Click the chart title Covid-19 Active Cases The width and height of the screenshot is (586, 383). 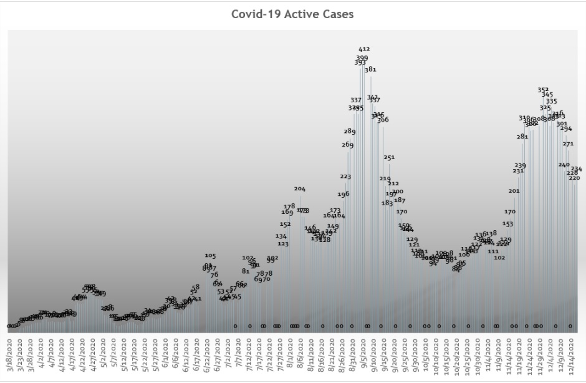pos(292,14)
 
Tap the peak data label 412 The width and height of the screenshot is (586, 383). pos(364,49)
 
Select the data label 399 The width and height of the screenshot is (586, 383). pos(362,57)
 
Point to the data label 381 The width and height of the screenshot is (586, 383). pos(370,69)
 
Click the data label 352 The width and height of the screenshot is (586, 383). pos(543,89)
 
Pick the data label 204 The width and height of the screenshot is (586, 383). pos(300,188)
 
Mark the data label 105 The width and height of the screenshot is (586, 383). pos(210,256)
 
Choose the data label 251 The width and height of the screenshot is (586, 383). pos(389,157)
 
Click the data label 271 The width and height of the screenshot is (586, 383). pos(568,143)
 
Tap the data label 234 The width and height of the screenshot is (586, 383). pos(577,169)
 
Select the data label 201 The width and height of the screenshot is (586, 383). pos(514,191)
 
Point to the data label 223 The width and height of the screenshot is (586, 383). pos(345,177)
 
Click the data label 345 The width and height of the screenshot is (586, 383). pos(547,95)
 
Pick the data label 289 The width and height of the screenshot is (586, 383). pos(350,131)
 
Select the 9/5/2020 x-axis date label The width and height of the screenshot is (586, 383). pos(363,357)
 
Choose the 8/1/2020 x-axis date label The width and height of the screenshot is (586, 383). pos(290,357)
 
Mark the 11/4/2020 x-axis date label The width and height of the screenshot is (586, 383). pos(489,357)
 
